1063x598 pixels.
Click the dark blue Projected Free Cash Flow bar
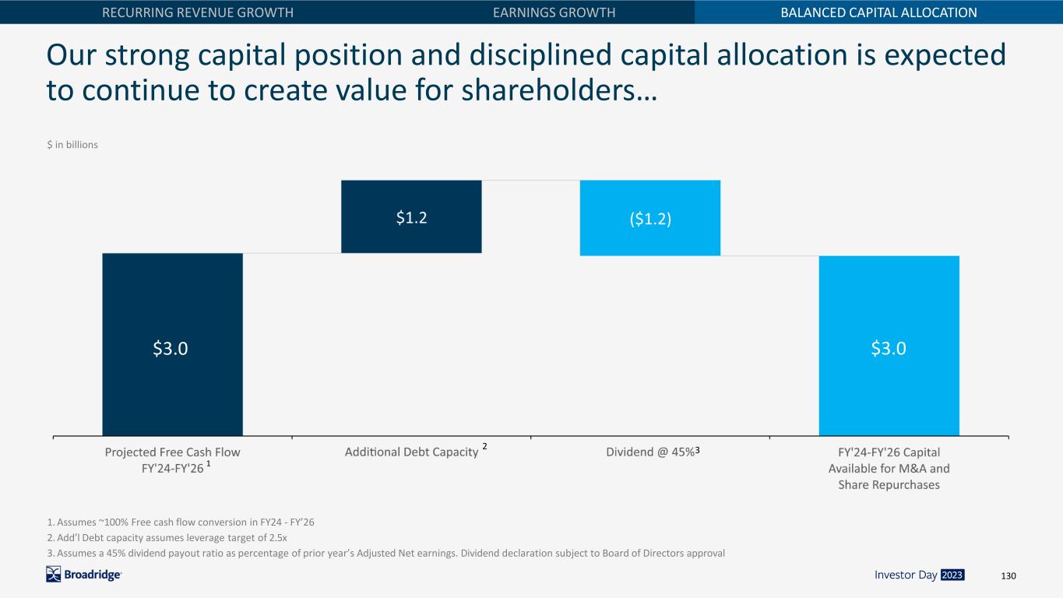tap(172, 345)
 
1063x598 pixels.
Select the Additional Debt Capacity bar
tap(411, 216)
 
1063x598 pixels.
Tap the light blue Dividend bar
tap(650, 218)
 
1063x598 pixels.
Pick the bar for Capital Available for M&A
tap(889, 346)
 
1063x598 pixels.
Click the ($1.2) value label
tap(650, 219)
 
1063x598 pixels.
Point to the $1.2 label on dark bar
tap(411, 217)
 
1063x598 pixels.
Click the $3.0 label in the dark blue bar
tap(171, 348)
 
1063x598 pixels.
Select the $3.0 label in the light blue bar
tap(889, 348)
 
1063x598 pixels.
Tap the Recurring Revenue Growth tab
tap(198, 12)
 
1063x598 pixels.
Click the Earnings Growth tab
tap(554, 12)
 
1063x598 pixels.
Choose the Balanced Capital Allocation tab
tap(879, 12)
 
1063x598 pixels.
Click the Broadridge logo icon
tap(54, 575)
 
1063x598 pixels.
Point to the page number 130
tap(1008, 575)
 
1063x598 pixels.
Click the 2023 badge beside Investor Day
tap(952, 575)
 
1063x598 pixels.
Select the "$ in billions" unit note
tap(72, 145)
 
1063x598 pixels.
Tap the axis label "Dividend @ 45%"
tap(650, 452)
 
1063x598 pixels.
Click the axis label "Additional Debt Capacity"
tap(411, 452)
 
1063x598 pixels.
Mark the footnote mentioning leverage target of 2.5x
tap(167, 538)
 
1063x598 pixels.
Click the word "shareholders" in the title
tap(548, 90)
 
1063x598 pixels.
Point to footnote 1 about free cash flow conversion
tap(181, 522)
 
